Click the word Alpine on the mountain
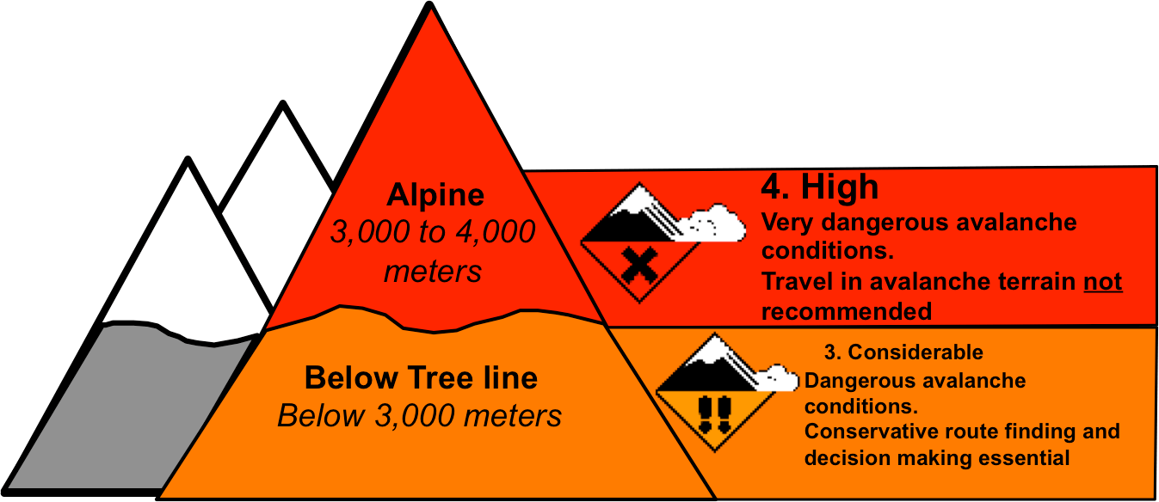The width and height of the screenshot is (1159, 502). [435, 194]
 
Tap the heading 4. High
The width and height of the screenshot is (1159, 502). [819, 187]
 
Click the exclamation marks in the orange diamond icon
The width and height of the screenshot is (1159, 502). [713, 413]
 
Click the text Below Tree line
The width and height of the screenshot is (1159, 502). [421, 378]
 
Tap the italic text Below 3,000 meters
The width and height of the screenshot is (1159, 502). [419, 416]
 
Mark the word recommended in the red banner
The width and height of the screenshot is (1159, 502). [847, 311]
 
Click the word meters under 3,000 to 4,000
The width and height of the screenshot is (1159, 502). [433, 271]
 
